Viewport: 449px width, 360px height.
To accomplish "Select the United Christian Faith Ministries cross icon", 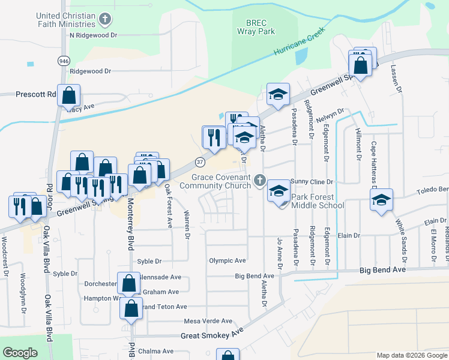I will point(105,19).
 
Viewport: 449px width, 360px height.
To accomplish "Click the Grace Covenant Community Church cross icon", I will point(259,179).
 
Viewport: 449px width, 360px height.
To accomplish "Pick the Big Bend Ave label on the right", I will point(383,271).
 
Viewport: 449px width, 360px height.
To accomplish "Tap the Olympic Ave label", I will point(228,260).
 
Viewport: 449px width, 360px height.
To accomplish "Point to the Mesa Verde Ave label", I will point(208,321).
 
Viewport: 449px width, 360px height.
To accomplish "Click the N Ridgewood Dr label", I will point(93,35).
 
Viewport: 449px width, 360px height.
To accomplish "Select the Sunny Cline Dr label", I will point(311,181).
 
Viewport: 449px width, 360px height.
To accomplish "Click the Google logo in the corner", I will point(20,352).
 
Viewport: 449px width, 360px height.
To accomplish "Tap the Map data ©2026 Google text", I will point(412,356).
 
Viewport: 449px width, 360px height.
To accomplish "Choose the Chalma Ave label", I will point(155,351).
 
